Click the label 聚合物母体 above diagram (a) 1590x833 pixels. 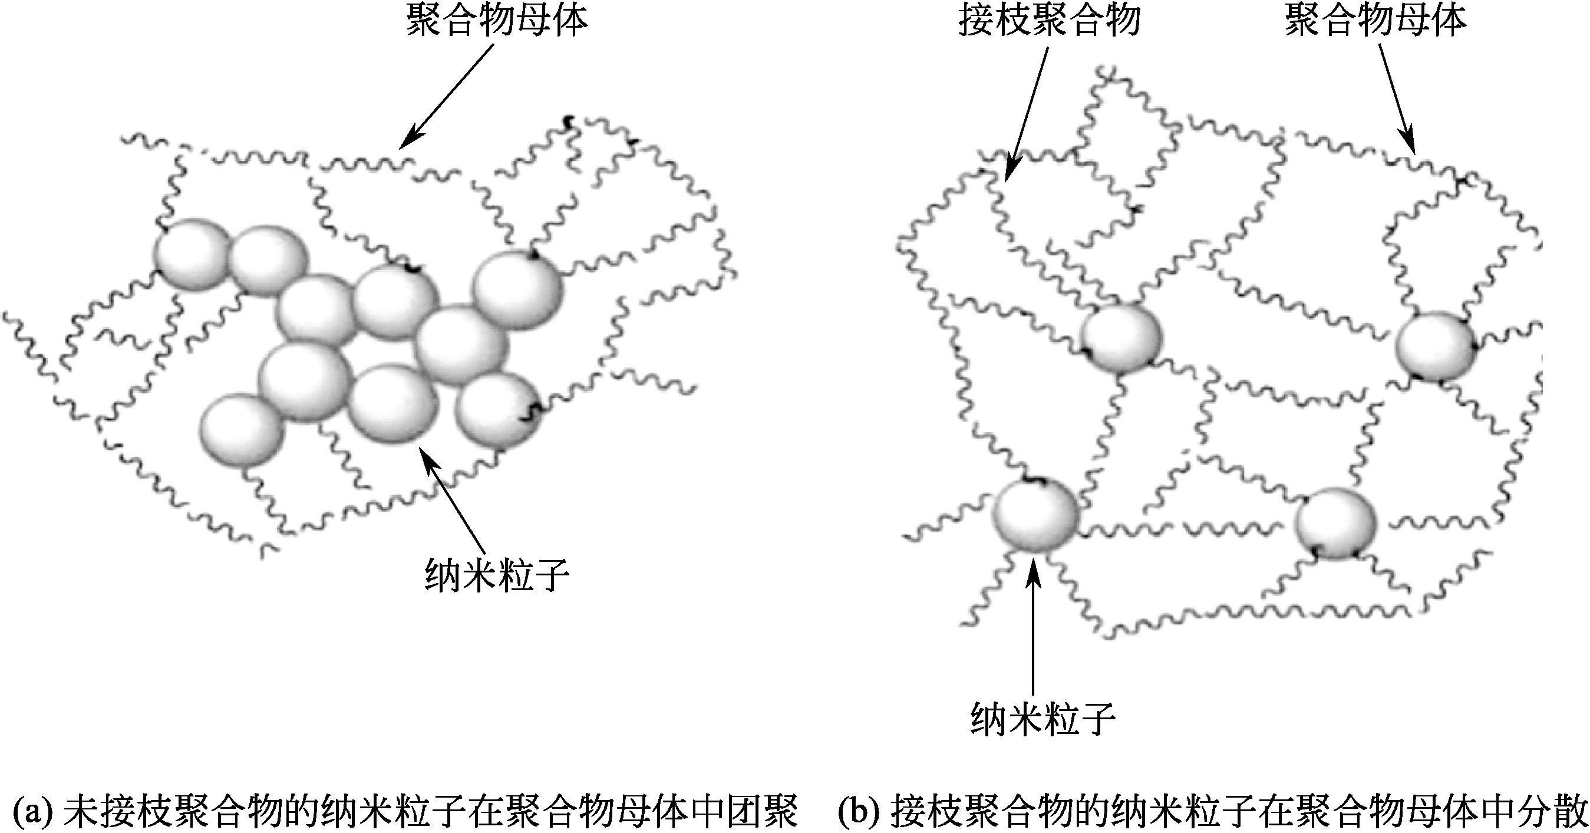(496, 22)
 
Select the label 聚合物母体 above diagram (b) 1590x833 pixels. (1375, 21)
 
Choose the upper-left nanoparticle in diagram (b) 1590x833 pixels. (1121, 338)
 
